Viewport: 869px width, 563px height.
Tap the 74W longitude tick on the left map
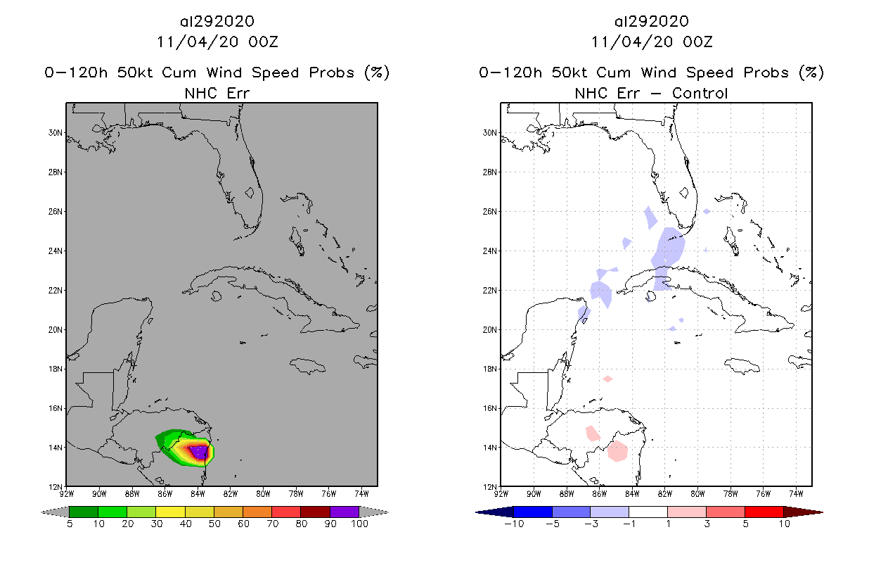tap(361, 493)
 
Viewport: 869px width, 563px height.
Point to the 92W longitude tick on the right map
tap(501, 493)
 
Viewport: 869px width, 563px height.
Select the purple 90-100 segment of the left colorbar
tap(345, 512)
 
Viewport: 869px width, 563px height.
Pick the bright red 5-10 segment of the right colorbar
tap(764, 512)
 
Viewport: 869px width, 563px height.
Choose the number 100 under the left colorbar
tap(359, 524)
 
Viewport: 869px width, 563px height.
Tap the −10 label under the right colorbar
tap(514, 524)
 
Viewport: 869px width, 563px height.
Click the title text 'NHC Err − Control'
tap(651, 93)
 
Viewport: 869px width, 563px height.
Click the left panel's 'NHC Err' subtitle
tap(217, 93)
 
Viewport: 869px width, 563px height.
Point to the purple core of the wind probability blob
tap(200, 451)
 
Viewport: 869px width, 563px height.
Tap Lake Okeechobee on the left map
tap(249, 192)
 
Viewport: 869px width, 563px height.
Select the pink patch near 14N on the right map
tap(617, 451)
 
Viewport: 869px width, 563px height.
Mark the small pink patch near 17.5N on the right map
tap(607, 379)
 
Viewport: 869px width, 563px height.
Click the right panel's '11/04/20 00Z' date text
tap(652, 42)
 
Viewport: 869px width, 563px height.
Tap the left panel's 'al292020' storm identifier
tap(217, 21)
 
